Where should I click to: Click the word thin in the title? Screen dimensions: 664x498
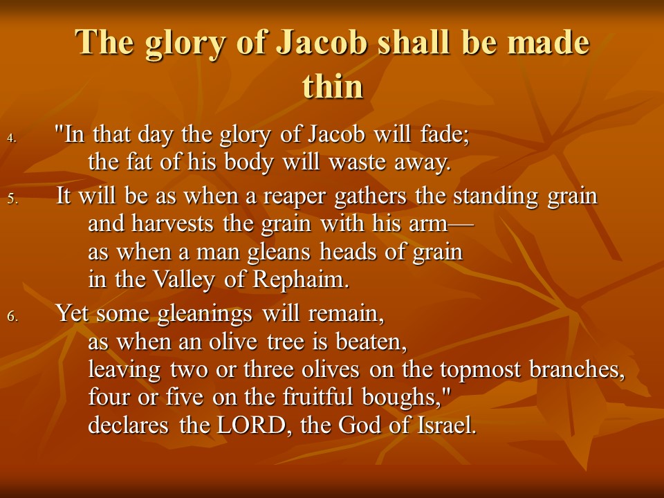333,86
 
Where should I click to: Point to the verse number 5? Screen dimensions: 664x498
12,199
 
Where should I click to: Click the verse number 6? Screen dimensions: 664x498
12,317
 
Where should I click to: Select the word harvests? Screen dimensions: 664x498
172,223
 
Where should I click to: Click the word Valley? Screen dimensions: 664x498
183,280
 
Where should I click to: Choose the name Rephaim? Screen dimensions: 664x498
301,279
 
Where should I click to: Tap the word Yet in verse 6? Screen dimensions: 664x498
71,313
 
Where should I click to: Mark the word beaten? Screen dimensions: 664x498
371,342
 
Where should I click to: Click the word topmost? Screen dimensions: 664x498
480,370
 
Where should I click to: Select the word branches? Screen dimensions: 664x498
577,369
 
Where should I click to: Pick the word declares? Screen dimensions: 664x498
129,425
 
